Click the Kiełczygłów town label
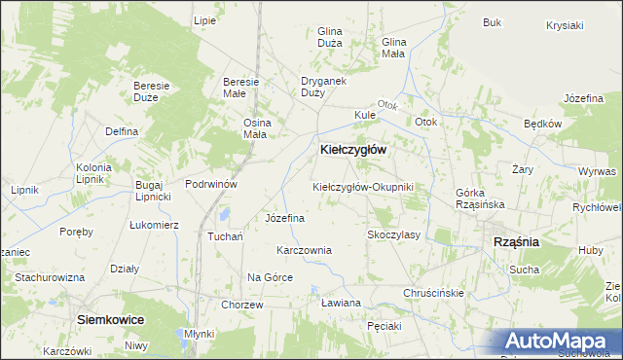tap(353, 150)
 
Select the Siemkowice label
tap(111, 319)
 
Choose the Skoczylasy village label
tap(392, 234)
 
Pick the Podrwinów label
tap(211, 183)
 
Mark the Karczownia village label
tap(304, 250)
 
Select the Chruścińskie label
tap(433, 292)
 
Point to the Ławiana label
tap(341, 303)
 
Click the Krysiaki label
tap(565, 24)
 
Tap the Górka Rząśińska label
tap(476, 198)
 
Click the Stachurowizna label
tap(49, 277)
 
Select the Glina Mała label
tap(393, 48)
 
